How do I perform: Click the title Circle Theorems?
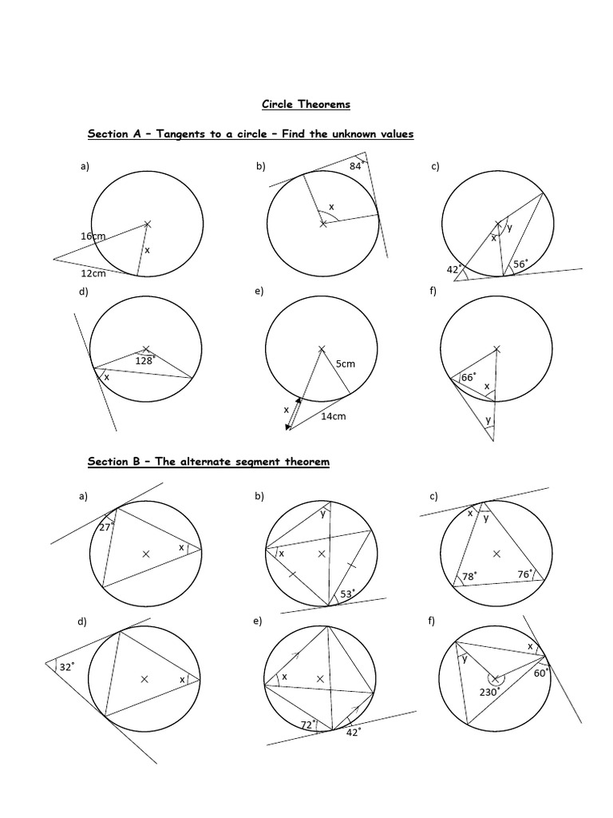(306, 105)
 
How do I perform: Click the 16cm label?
(93, 236)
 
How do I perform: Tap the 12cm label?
(93, 273)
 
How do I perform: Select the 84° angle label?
(357, 166)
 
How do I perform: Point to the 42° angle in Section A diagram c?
(454, 269)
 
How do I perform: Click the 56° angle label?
(520, 264)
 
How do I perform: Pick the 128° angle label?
(144, 361)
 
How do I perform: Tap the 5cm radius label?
(345, 364)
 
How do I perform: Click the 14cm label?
(334, 416)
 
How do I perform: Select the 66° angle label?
(469, 377)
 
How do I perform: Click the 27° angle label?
(105, 527)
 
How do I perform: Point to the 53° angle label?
(347, 594)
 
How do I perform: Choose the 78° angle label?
(469, 575)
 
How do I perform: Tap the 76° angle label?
(525, 574)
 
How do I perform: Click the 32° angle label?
(66, 665)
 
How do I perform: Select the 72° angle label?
(307, 724)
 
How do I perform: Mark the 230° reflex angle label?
(489, 692)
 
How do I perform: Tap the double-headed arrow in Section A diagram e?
(293, 413)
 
